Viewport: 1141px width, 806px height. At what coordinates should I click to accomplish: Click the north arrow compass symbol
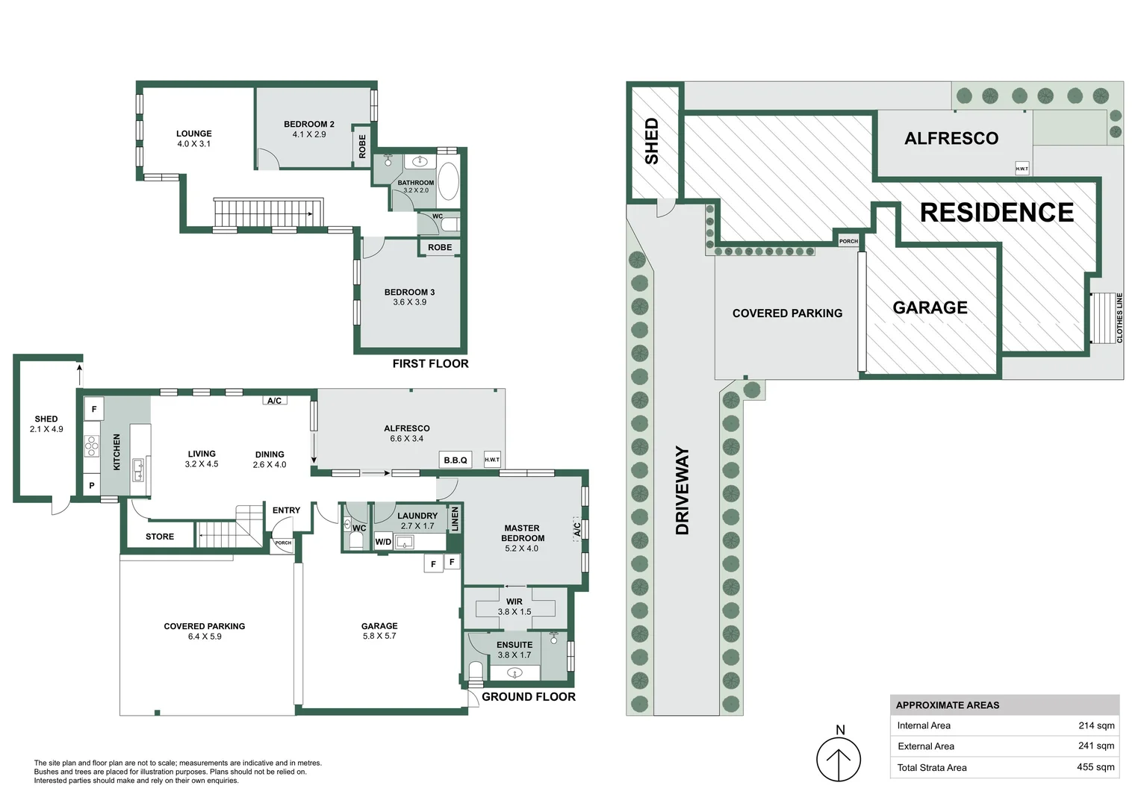[839, 759]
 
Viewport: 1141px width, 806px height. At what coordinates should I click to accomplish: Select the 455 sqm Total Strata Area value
[1095, 767]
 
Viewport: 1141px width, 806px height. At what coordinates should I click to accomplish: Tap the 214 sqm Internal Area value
[1096, 725]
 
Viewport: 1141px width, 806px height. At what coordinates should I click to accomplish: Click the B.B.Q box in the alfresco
[456, 460]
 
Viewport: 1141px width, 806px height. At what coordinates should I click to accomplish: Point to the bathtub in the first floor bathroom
[448, 181]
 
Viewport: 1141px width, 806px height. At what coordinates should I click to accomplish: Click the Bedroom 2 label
[309, 125]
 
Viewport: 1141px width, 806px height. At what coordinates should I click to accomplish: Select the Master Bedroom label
[522, 533]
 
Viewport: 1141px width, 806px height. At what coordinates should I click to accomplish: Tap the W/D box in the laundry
[383, 542]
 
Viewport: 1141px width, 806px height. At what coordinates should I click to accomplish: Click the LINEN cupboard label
[455, 518]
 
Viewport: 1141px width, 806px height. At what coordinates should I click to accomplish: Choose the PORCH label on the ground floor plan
[283, 543]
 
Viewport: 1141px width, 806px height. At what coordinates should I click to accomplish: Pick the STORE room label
[160, 537]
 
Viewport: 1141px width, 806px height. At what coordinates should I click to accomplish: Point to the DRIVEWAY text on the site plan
[682, 490]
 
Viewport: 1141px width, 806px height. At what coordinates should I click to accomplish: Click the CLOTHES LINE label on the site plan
[1119, 318]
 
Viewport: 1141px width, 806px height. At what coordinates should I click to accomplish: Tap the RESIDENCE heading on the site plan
[996, 213]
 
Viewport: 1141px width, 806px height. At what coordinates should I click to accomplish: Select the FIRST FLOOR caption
[430, 363]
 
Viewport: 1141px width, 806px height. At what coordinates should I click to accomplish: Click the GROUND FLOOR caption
[528, 696]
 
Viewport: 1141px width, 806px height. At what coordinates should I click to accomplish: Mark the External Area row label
[926, 746]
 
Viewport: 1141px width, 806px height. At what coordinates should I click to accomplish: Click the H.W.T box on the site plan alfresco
[1022, 169]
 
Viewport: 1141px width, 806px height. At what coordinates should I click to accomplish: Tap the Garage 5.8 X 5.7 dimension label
[379, 636]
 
